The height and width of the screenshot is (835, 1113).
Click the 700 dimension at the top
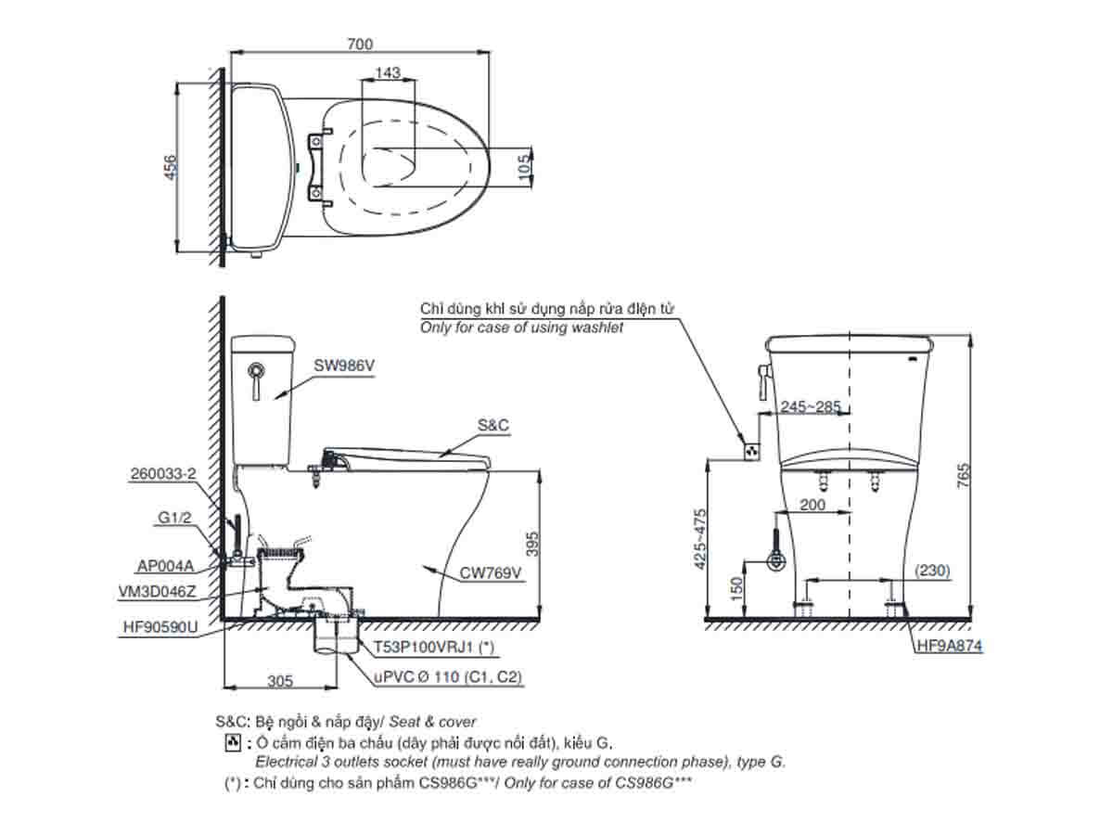[359, 44]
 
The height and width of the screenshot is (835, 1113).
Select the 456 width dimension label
[170, 168]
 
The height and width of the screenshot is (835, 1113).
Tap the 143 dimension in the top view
[389, 73]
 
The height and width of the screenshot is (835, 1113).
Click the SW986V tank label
[344, 366]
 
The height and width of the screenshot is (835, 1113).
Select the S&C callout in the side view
[493, 425]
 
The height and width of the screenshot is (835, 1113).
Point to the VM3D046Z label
[159, 591]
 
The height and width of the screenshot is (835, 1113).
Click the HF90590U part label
[160, 627]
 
